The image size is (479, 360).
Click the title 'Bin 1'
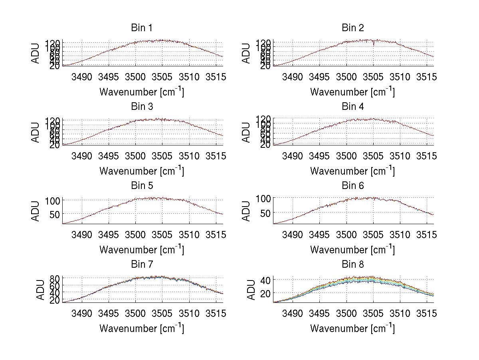click(142, 28)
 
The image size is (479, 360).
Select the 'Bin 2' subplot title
click(352, 28)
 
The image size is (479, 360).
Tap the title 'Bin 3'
click(142, 107)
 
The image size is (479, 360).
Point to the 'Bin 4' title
click(352, 107)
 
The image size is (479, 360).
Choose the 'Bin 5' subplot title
click(142, 185)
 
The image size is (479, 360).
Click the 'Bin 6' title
click(352, 185)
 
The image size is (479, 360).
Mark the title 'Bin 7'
click(142, 264)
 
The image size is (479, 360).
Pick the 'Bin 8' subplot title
click(352, 264)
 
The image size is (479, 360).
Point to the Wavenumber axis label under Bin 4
click(352, 171)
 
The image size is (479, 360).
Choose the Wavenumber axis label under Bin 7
click(142, 328)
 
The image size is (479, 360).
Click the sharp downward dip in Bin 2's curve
click(374, 44)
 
